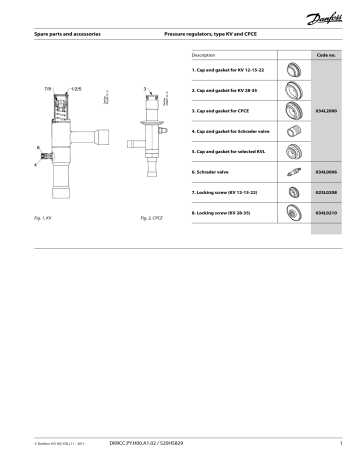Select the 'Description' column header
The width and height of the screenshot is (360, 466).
pyautogui.click(x=203, y=54)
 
